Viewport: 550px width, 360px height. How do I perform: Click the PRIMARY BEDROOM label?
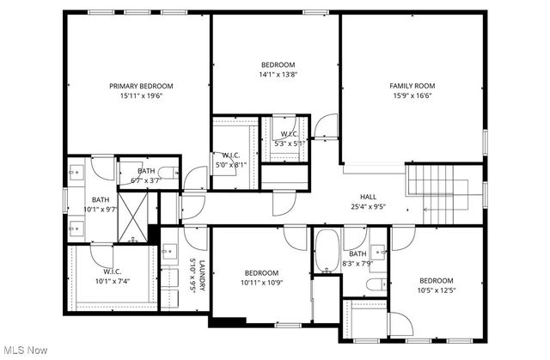(142, 86)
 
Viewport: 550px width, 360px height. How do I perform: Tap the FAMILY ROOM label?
(412, 86)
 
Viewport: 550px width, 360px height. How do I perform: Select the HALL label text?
(368, 196)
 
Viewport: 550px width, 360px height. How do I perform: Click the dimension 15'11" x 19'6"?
(142, 96)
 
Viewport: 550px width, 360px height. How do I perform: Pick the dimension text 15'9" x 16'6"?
(412, 96)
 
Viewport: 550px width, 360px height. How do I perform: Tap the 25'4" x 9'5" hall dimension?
(368, 206)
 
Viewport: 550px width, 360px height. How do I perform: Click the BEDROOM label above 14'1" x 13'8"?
(278, 64)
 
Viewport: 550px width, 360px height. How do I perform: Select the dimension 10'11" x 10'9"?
(260, 282)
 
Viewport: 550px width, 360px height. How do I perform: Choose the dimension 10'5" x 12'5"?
(436, 290)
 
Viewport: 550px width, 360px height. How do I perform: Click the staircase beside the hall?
(434, 185)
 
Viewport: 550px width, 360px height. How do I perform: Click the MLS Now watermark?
(26, 351)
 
